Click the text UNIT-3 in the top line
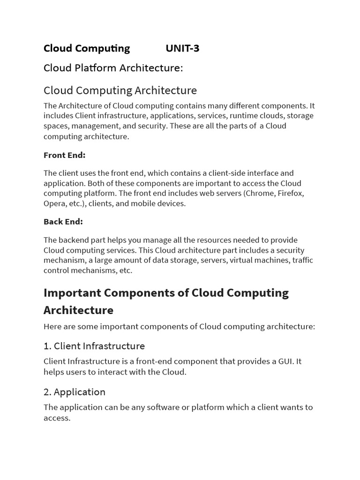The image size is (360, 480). [x=182, y=48]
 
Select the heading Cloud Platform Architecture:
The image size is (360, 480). [x=113, y=68]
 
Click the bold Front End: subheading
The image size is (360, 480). [x=64, y=155]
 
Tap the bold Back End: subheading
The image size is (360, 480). [x=63, y=222]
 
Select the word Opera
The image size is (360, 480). [x=54, y=203]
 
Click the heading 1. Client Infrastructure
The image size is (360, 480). [x=94, y=346]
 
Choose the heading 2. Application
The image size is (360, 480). [x=75, y=392]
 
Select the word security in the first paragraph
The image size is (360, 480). [x=151, y=126]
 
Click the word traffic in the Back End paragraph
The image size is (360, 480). [x=302, y=260]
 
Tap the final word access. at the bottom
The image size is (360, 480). [x=57, y=418]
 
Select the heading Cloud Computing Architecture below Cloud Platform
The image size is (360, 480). [x=120, y=90]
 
